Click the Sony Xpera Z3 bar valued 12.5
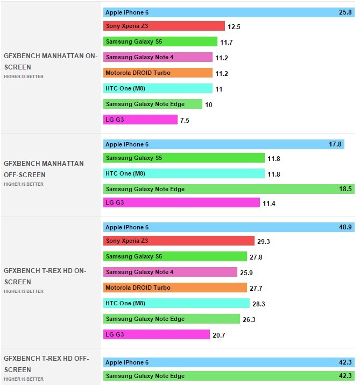164,26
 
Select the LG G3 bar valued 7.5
140,120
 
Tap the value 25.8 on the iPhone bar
345,11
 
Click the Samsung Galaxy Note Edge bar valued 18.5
228,189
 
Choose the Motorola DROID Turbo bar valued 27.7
175,288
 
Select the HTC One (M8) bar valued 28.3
176,303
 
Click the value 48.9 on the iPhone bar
345,228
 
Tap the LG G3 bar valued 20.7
156,335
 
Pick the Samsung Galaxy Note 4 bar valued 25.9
170,272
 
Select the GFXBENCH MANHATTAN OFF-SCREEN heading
44,169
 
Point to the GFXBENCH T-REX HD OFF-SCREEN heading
46,364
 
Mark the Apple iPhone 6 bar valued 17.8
223,144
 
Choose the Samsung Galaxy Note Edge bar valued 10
152,104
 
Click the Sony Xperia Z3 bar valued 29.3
178,241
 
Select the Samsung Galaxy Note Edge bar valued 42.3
228,376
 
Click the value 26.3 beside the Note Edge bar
249,320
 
